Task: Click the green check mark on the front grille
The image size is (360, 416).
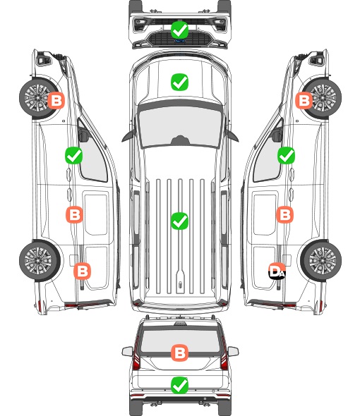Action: [179, 30]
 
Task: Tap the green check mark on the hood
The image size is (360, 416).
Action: [179, 82]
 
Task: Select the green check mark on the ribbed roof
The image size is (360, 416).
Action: [179, 221]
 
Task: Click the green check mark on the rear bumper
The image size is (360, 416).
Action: [179, 385]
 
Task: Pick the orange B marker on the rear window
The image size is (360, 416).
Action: [179, 353]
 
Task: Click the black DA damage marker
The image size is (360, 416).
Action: [277, 271]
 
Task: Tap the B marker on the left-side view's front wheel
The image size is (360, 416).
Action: [56, 101]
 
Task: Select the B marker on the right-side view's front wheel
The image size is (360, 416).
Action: [304, 101]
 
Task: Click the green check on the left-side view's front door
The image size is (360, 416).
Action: [73, 155]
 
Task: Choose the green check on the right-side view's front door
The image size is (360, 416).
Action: [286, 155]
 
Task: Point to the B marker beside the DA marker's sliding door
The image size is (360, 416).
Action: [284, 214]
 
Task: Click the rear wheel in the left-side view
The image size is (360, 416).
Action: [40, 260]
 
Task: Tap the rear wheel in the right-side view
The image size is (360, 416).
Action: [321, 260]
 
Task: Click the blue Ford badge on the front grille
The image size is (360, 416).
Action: [179, 41]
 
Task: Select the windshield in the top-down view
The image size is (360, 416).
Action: [180, 127]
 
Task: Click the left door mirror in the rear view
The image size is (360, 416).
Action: [127, 351]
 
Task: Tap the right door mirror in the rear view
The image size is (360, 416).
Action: [233, 351]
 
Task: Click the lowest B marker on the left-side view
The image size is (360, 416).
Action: [82, 271]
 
